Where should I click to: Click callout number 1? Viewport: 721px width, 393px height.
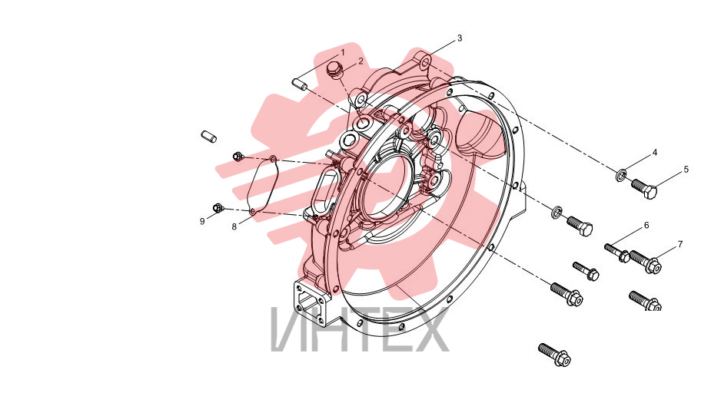point(343,53)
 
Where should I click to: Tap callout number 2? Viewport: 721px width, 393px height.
point(361,61)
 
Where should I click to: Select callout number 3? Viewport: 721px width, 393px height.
point(460,38)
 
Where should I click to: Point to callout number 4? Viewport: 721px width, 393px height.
point(655,153)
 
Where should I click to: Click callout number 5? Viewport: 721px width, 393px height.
point(686,170)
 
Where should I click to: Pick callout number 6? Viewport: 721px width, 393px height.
point(646,226)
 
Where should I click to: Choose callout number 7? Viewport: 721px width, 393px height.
point(680,244)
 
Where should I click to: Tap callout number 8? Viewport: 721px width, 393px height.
point(234,226)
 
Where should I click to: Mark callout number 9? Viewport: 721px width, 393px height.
point(202,221)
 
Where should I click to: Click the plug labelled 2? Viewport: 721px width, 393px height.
point(334,71)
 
